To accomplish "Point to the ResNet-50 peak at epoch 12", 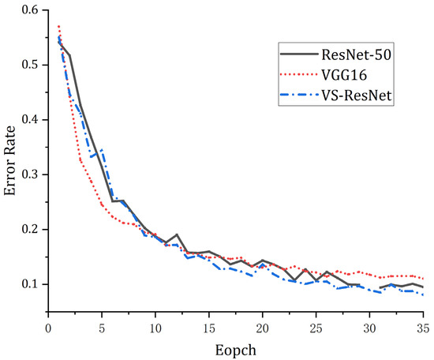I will tap(178, 235).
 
